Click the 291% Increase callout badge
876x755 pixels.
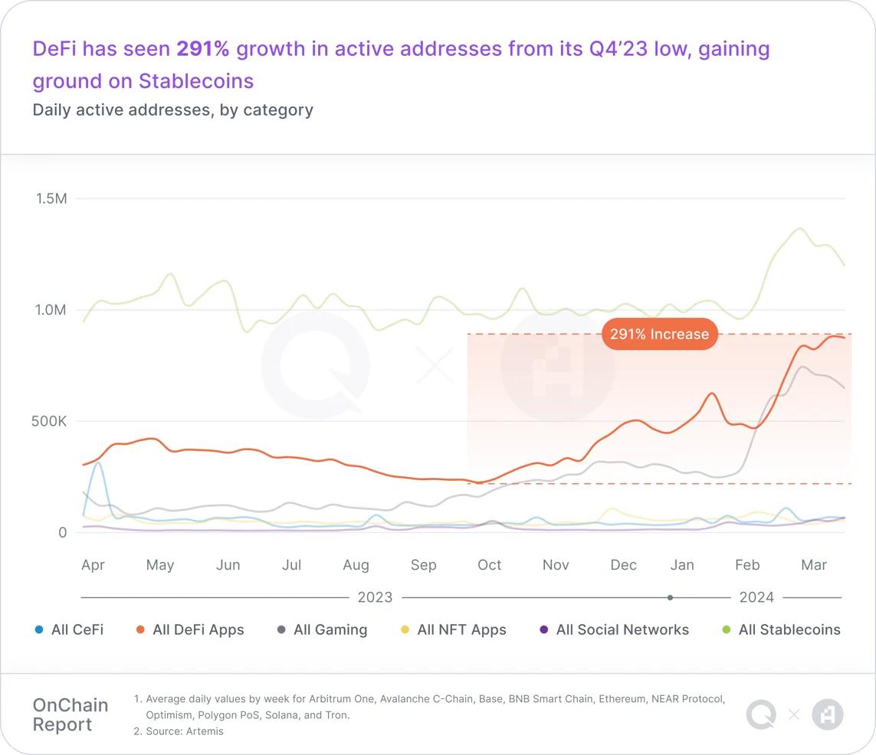point(659,335)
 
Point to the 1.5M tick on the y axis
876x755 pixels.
point(51,198)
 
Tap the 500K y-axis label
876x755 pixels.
point(48,421)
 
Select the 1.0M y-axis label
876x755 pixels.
point(51,310)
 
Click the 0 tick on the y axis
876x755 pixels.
point(63,532)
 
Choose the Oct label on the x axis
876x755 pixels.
point(489,565)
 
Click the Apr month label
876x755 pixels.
point(93,565)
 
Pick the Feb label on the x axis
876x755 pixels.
point(747,565)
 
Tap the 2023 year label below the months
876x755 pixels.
point(375,597)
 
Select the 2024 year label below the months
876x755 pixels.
point(756,597)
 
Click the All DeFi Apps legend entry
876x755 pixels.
point(198,630)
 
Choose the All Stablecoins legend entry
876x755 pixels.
point(789,630)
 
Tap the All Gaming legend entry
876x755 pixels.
point(330,630)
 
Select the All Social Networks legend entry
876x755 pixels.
point(622,630)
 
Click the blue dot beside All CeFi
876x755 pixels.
point(39,630)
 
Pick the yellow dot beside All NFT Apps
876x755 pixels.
point(405,630)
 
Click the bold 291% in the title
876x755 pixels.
point(203,49)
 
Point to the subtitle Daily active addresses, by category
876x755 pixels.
point(172,109)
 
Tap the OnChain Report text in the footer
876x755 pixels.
point(70,714)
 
